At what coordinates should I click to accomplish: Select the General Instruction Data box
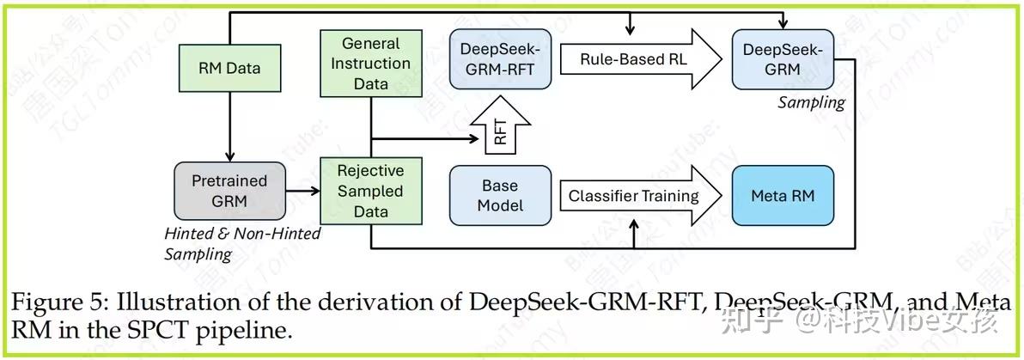pyautogui.click(x=370, y=64)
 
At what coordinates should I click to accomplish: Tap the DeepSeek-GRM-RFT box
pyautogui.click(x=500, y=59)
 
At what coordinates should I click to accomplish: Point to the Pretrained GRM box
pyautogui.click(x=229, y=191)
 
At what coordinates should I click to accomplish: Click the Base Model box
pyautogui.click(x=500, y=196)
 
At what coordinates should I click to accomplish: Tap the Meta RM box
pyautogui.click(x=782, y=196)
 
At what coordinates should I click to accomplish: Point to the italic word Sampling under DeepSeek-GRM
pyautogui.click(x=811, y=102)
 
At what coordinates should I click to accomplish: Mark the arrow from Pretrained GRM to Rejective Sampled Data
pyautogui.click(x=302, y=191)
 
